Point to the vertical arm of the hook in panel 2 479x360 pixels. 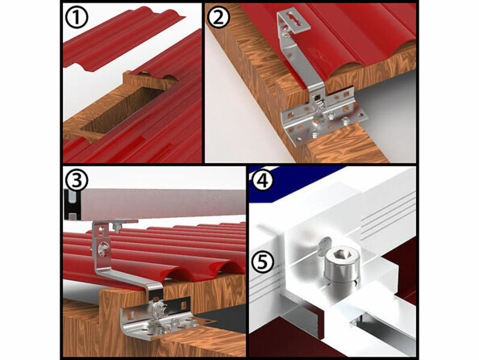click(302, 73)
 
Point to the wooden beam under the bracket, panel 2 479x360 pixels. click(323, 149)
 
